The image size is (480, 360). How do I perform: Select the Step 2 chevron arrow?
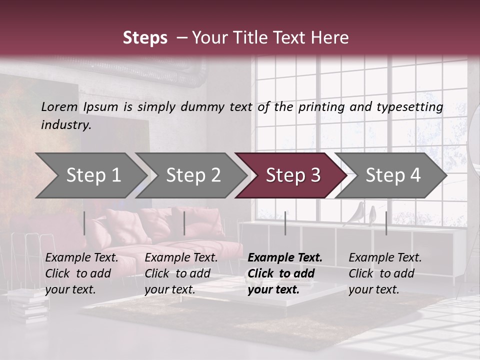[192, 175]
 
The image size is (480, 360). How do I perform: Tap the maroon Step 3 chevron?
[292, 175]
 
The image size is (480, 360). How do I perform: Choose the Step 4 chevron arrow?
[392, 175]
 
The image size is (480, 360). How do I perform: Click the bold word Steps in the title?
[145, 38]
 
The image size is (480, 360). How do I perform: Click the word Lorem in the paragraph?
[59, 106]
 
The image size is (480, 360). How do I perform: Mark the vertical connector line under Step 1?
[84, 223]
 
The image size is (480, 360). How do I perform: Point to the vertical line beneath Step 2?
[184, 223]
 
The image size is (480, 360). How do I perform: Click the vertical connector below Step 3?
[285, 223]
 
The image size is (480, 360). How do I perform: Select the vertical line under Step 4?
[386, 223]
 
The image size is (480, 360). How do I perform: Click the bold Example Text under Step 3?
[285, 257]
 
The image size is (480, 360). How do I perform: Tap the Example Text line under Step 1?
[81, 257]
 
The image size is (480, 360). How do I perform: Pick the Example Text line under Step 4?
[385, 257]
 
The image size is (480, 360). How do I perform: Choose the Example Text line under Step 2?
[181, 257]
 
